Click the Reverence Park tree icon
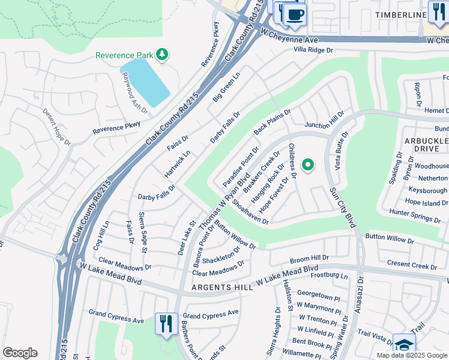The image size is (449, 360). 161,55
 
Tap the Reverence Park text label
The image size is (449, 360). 124,56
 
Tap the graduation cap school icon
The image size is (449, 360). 404,344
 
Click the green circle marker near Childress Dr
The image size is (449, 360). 308,164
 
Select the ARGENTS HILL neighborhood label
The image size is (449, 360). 221,288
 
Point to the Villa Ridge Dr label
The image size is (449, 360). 312,51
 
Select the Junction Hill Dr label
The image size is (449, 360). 324,120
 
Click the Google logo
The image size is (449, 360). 20,353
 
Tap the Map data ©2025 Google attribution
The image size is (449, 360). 412,355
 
